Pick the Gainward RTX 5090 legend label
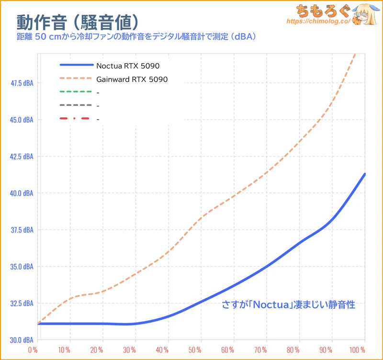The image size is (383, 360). coord(132,79)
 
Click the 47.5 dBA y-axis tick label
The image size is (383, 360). coord(22,83)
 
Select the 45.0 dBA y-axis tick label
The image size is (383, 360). coord(22,120)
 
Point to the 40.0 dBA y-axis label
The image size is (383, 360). coord(22,193)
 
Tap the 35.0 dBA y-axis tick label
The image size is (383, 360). coord(22,267)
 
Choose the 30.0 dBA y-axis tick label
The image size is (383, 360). coord(22,340)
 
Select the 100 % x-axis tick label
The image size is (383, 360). coord(357,350)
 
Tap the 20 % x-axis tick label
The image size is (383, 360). coord(97,350)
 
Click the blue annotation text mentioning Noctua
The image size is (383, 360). coord(288,304)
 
